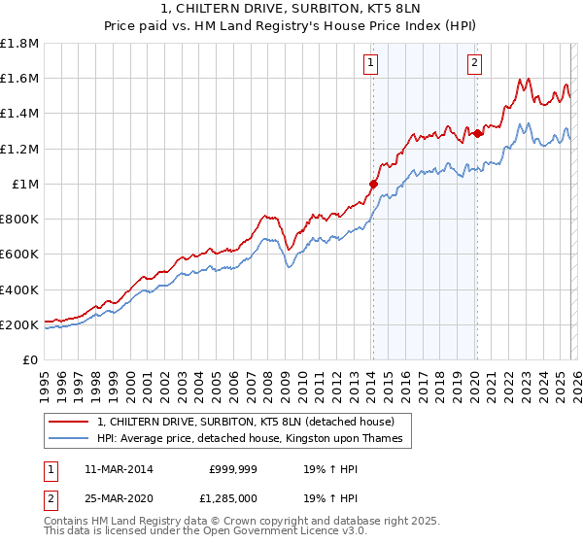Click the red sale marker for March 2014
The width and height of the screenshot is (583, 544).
(x=373, y=183)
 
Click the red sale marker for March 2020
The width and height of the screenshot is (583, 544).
(x=477, y=133)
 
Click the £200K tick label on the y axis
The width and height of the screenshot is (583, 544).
(x=19, y=324)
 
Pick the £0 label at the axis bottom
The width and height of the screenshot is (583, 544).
(x=31, y=360)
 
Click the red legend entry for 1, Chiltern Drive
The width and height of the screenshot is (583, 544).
(x=245, y=423)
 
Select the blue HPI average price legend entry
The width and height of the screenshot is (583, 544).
(x=256, y=439)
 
